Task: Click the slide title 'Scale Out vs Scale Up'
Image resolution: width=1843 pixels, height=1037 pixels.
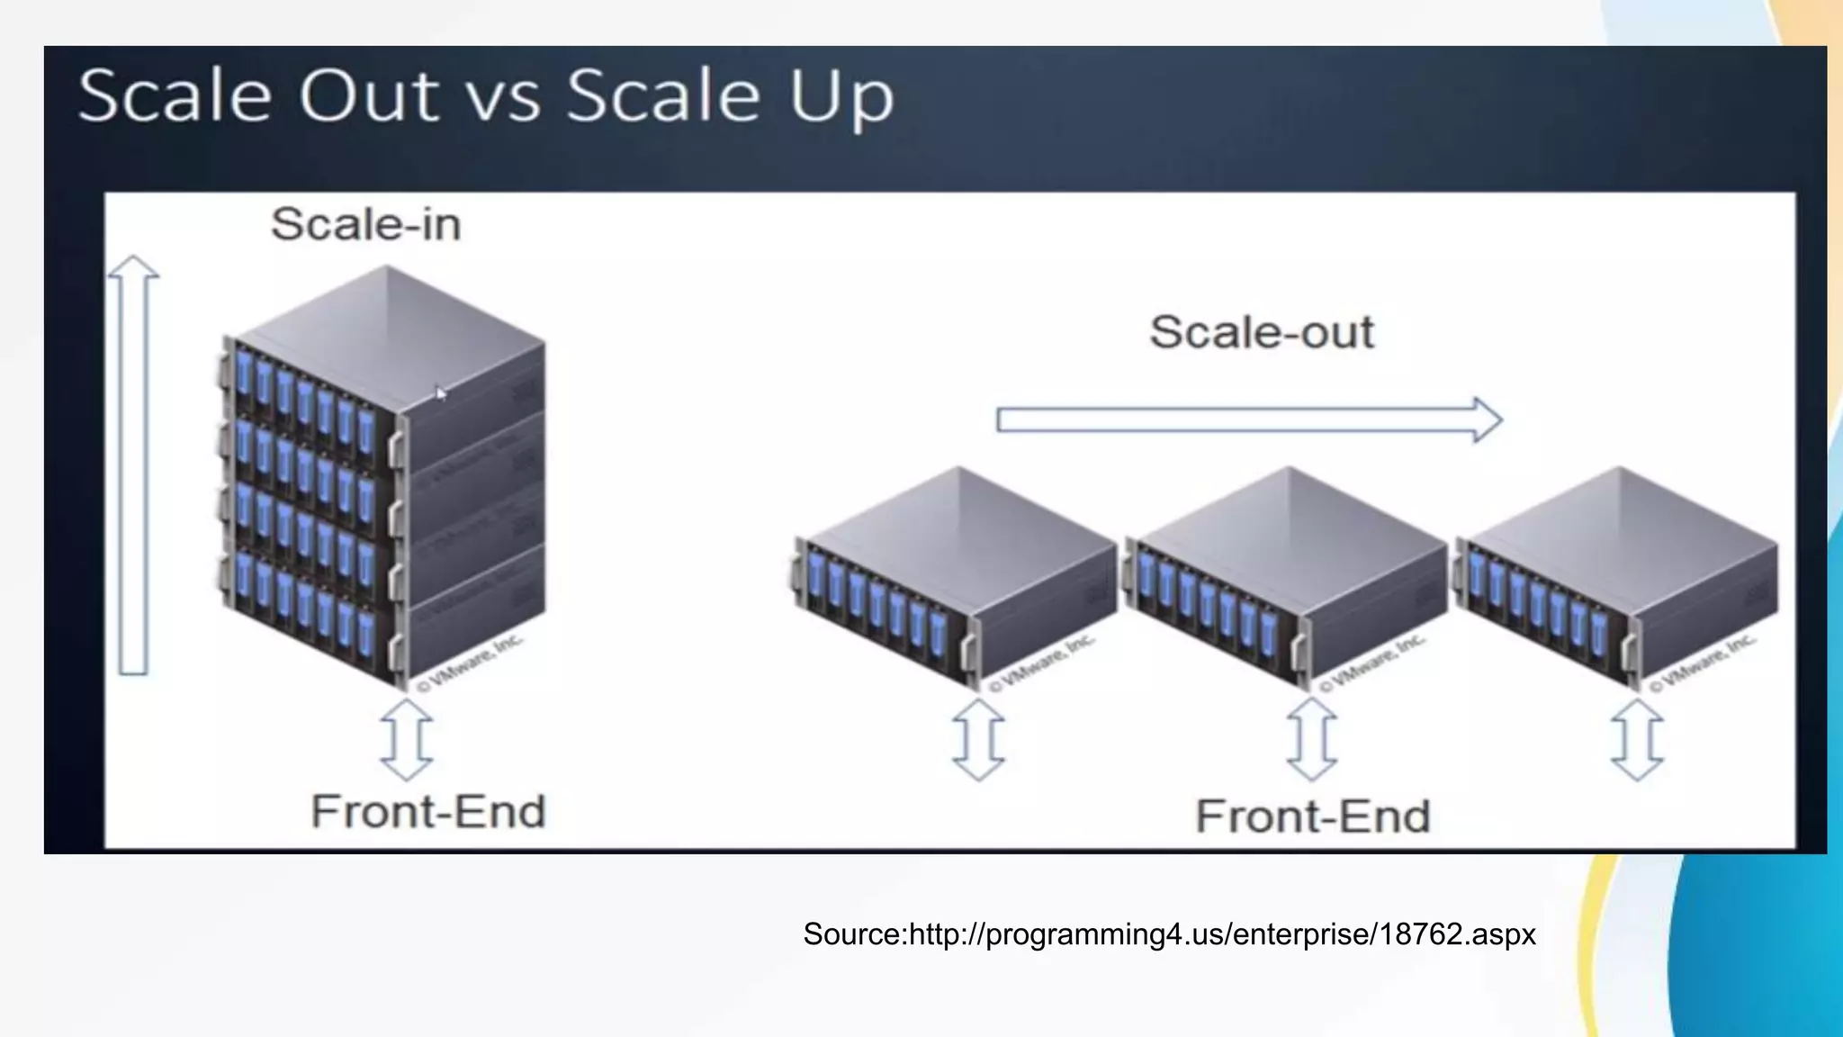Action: point(486,96)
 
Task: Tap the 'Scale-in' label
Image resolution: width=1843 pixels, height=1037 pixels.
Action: point(365,224)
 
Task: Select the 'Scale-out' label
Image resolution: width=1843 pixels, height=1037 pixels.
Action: point(1262,332)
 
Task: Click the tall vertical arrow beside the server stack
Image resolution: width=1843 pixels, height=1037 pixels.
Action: point(133,464)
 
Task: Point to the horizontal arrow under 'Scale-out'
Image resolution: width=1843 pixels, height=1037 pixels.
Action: point(1249,419)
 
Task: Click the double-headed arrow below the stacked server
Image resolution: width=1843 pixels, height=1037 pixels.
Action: point(407,739)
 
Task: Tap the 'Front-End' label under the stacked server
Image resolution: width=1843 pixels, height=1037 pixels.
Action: point(428,811)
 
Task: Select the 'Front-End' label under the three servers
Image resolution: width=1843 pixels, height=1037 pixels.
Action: point(1313,816)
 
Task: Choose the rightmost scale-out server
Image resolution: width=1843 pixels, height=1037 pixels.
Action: point(1616,576)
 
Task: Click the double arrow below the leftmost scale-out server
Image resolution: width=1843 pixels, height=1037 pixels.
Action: point(978,739)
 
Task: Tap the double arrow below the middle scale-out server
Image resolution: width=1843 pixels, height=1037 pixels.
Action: point(1312,739)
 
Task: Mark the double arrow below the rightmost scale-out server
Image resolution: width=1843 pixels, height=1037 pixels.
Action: point(1637,739)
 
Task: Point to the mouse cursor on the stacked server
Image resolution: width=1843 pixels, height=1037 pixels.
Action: point(440,392)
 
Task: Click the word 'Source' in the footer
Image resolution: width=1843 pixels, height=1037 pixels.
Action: point(851,934)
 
